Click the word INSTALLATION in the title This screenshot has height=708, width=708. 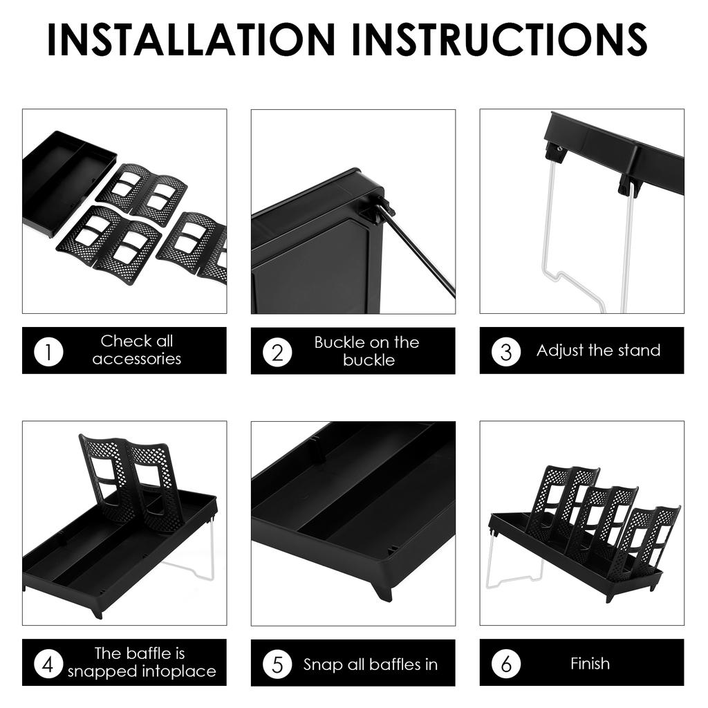point(191,39)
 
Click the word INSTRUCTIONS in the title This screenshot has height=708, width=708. point(500,39)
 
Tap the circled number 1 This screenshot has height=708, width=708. point(48,351)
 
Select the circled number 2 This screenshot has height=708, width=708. point(277,352)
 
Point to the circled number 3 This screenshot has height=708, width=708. point(506,352)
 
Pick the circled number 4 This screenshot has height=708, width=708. point(48,664)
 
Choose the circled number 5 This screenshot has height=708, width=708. point(277,664)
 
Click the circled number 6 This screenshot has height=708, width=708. point(506,664)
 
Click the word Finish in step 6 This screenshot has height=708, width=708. point(590,663)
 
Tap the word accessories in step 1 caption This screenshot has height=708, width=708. point(137,359)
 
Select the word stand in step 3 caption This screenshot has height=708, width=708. point(638,350)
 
